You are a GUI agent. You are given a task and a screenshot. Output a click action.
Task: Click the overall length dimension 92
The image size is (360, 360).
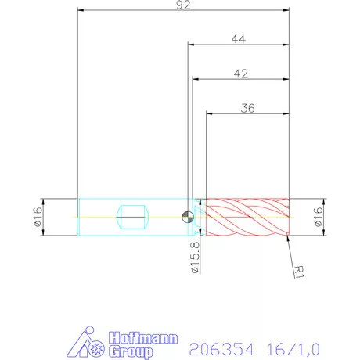pyautogui.click(x=185, y=5)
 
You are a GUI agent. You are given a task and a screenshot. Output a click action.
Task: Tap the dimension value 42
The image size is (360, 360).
pyautogui.click(x=241, y=73)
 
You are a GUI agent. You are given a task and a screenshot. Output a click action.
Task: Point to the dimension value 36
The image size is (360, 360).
pyautogui.click(x=248, y=106)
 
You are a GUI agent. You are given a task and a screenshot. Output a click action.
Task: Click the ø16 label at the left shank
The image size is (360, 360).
pyautogui.click(x=37, y=215)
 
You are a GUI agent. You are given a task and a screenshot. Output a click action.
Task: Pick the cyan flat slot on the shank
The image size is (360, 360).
pyautogui.click(x=131, y=215)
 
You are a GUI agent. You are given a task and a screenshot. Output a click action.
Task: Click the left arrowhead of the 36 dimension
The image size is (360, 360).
pyautogui.click(x=208, y=113)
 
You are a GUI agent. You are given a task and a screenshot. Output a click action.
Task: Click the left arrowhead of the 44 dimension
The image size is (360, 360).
pyautogui.click(x=189, y=45)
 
